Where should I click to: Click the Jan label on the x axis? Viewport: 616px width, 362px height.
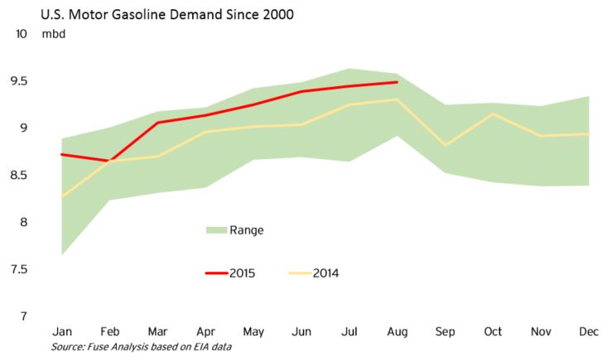pos(62,332)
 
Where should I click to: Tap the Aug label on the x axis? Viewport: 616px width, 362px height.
pos(397,332)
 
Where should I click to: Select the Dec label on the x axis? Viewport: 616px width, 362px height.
pos(588,332)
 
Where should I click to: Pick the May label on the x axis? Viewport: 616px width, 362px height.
pos(253,332)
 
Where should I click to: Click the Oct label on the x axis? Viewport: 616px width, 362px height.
pos(493,332)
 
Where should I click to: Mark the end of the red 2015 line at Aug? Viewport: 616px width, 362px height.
pos(397,82)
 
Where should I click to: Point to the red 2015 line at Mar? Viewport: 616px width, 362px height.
pos(157,123)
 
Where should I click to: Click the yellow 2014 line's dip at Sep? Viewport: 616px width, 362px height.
pos(445,145)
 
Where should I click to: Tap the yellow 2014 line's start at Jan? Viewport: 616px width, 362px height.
pos(62,197)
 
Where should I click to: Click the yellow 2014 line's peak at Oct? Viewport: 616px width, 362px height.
pos(493,114)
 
